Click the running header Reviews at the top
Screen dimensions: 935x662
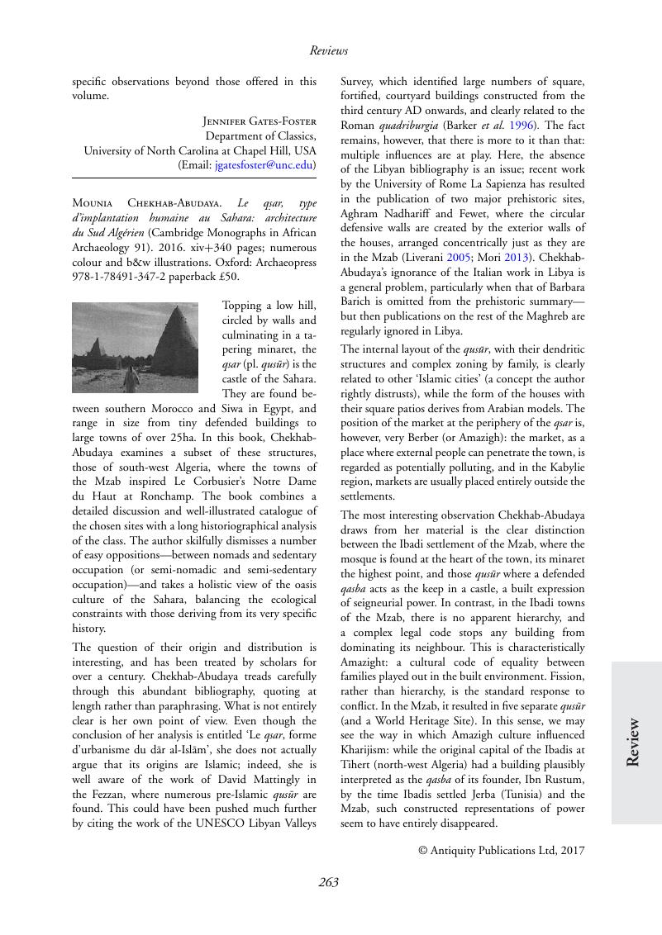pyautogui.click(x=329, y=51)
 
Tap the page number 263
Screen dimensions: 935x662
pyautogui.click(x=329, y=882)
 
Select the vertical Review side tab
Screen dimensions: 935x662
pyautogui.click(x=635, y=743)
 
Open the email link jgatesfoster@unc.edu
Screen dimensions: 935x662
pyautogui.click(x=263, y=164)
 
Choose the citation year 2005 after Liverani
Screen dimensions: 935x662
pyautogui.click(x=435, y=257)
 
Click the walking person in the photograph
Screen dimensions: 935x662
pyautogui.click(x=133, y=378)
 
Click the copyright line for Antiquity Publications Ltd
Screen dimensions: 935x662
pyautogui.click(x=501, y=849)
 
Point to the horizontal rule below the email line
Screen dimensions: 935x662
pyautogui.click(x=194, y=178)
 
